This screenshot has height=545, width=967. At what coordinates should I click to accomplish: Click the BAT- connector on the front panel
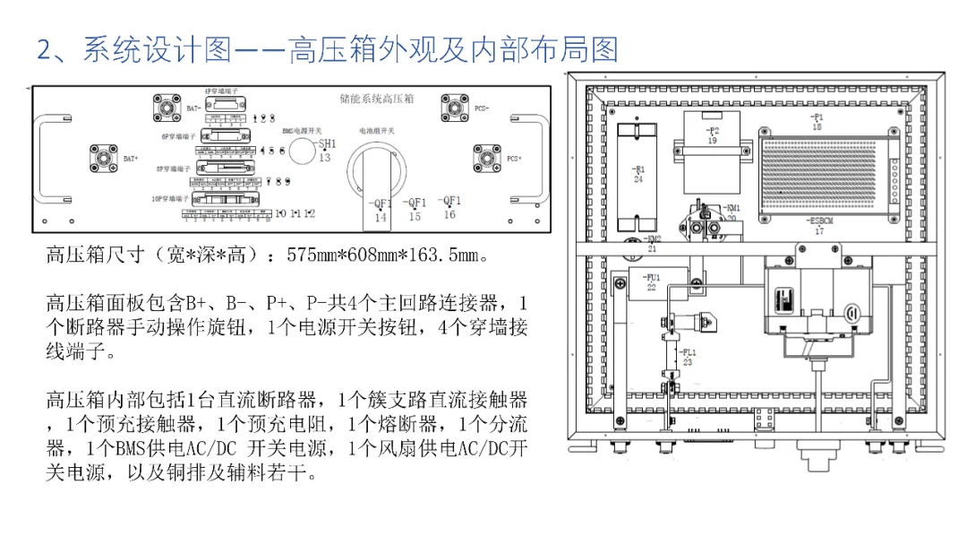click(x=165, y=110)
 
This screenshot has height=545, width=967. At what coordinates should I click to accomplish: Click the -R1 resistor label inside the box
click(x=638, y=169)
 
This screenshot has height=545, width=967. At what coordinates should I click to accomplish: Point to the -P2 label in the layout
click(x=713, y=131)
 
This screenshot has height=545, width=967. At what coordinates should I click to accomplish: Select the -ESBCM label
click(x=817, y=221)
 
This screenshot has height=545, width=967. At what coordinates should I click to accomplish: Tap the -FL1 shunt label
click(x=687, y=352)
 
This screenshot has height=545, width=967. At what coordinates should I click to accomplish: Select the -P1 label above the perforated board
click(x=816, y=117)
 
